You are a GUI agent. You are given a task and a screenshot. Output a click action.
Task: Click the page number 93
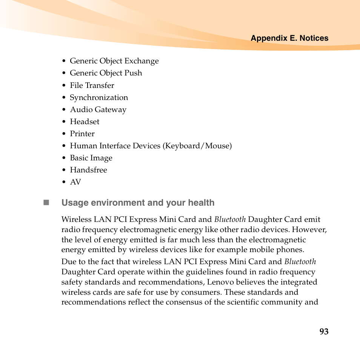324,332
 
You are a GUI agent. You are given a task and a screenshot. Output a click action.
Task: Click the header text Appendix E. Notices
289,38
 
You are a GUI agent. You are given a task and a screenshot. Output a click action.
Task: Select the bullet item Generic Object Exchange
114,61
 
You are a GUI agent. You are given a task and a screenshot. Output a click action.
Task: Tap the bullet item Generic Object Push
106,73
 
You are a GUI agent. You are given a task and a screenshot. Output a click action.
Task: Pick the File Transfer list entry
92,86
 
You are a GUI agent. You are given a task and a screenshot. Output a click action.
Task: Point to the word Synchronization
99,98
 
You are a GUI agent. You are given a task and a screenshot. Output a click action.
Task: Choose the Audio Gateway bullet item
98,110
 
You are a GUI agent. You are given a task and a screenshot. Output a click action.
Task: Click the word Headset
85,122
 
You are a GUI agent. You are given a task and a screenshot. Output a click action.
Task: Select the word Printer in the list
82,134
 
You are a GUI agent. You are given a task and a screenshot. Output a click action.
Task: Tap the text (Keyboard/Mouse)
197,146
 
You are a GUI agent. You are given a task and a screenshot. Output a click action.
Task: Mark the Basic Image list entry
91,158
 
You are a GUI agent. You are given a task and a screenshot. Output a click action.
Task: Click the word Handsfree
88,170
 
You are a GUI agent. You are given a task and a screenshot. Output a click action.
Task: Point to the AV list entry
75,182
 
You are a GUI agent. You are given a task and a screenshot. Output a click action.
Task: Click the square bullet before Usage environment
46,203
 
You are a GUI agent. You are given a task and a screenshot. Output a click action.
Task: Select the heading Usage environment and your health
138,203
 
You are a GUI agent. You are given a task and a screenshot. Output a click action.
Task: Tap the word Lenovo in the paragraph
220,282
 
